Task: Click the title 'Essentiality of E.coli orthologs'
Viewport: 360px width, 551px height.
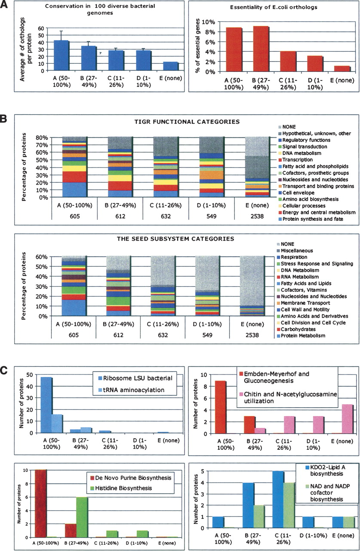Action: click(271, 7)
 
